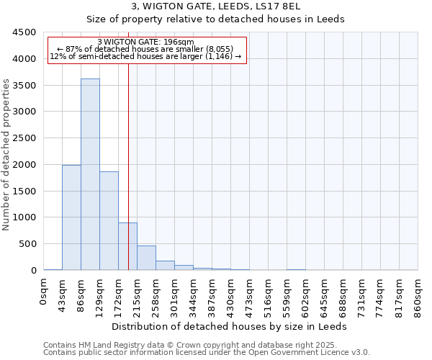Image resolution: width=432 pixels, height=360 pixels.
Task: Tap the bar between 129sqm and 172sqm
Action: (x=109, y=220)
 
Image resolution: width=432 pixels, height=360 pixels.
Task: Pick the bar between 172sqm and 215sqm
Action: (x=127, y=246)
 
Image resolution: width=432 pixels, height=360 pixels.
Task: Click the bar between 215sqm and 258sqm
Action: (x=146, y=258)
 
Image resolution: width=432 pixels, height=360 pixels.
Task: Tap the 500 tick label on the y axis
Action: (x=27, y=244)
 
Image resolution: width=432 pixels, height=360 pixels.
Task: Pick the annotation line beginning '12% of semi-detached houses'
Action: (x=147, y=56)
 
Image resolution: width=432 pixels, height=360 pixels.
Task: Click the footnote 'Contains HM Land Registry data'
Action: (x=206, y=345)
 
